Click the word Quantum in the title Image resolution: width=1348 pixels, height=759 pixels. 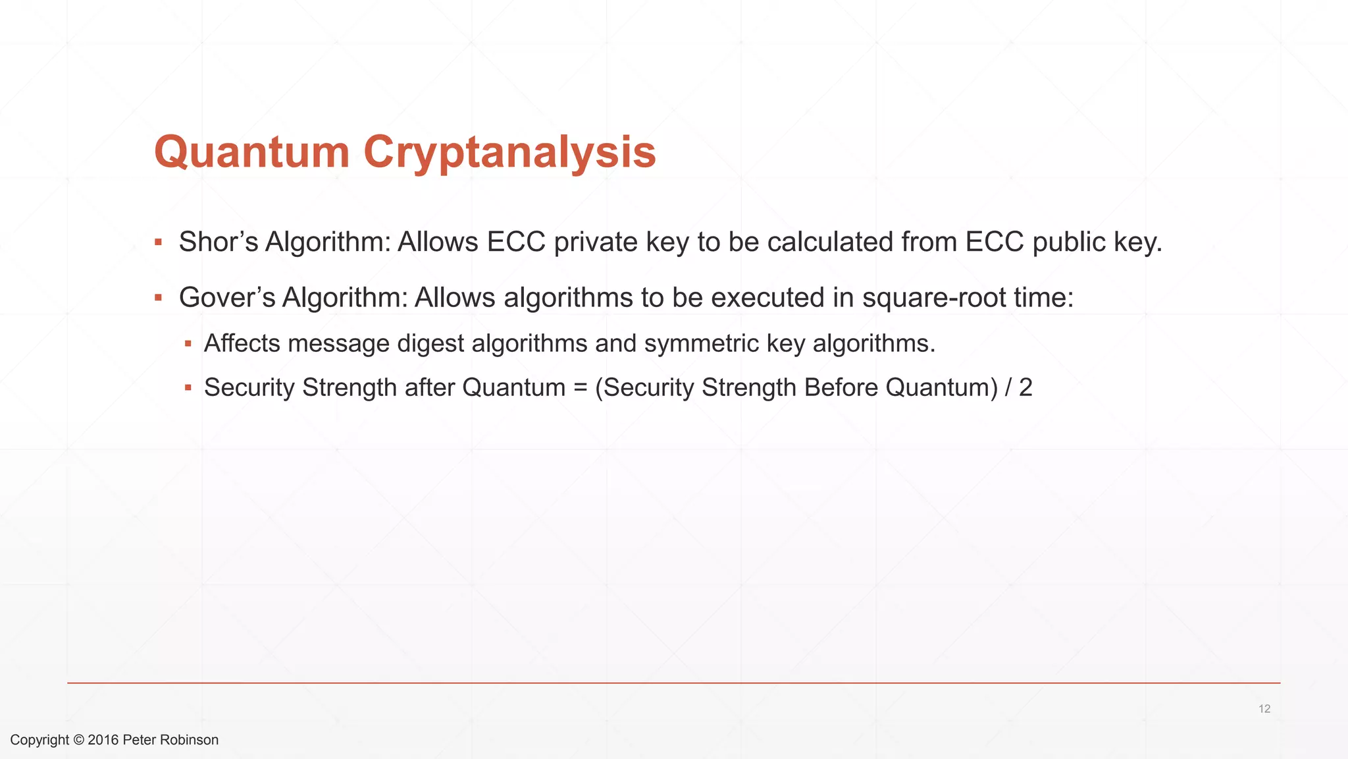(x=251, y=152)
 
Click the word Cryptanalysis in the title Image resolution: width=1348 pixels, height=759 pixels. (x=509, y=152)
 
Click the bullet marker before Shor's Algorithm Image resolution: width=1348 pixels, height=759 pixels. (x=158, y=242)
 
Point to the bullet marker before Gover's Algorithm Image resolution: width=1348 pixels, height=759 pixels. (x=158, y=298)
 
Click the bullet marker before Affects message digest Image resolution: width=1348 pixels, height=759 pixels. (x=188, y=343)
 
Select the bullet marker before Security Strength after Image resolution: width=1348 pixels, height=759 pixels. (x=188, y=387)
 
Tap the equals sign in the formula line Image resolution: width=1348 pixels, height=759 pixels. (x=580, y=387)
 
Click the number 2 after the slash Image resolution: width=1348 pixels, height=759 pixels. (x=1025, y=387)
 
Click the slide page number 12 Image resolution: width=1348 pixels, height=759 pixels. (x=1264, y=709)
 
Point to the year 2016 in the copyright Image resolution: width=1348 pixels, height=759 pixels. (x=103, y=740)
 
